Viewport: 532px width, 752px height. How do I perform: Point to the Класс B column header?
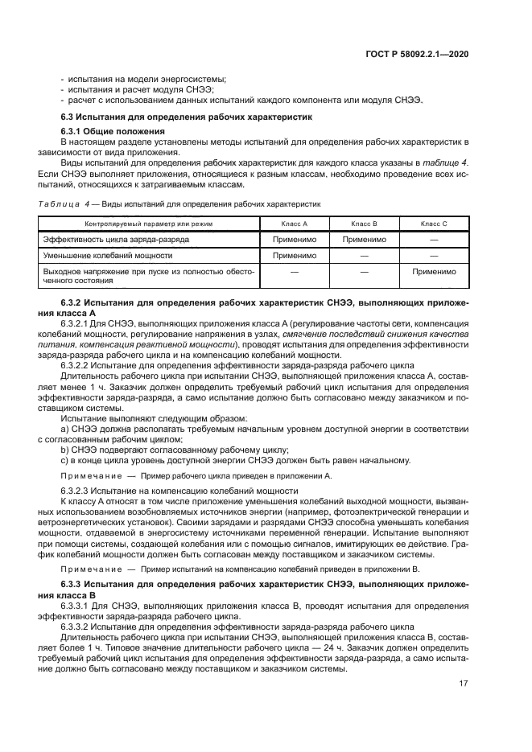pos(364,223)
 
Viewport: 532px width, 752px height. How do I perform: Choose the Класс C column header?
pos(434,223)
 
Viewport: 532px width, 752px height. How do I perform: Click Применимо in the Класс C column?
pos(434,272)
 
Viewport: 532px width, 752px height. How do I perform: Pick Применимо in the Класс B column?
pos(364,239)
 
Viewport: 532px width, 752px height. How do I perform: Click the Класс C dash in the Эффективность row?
pos(434,239)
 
